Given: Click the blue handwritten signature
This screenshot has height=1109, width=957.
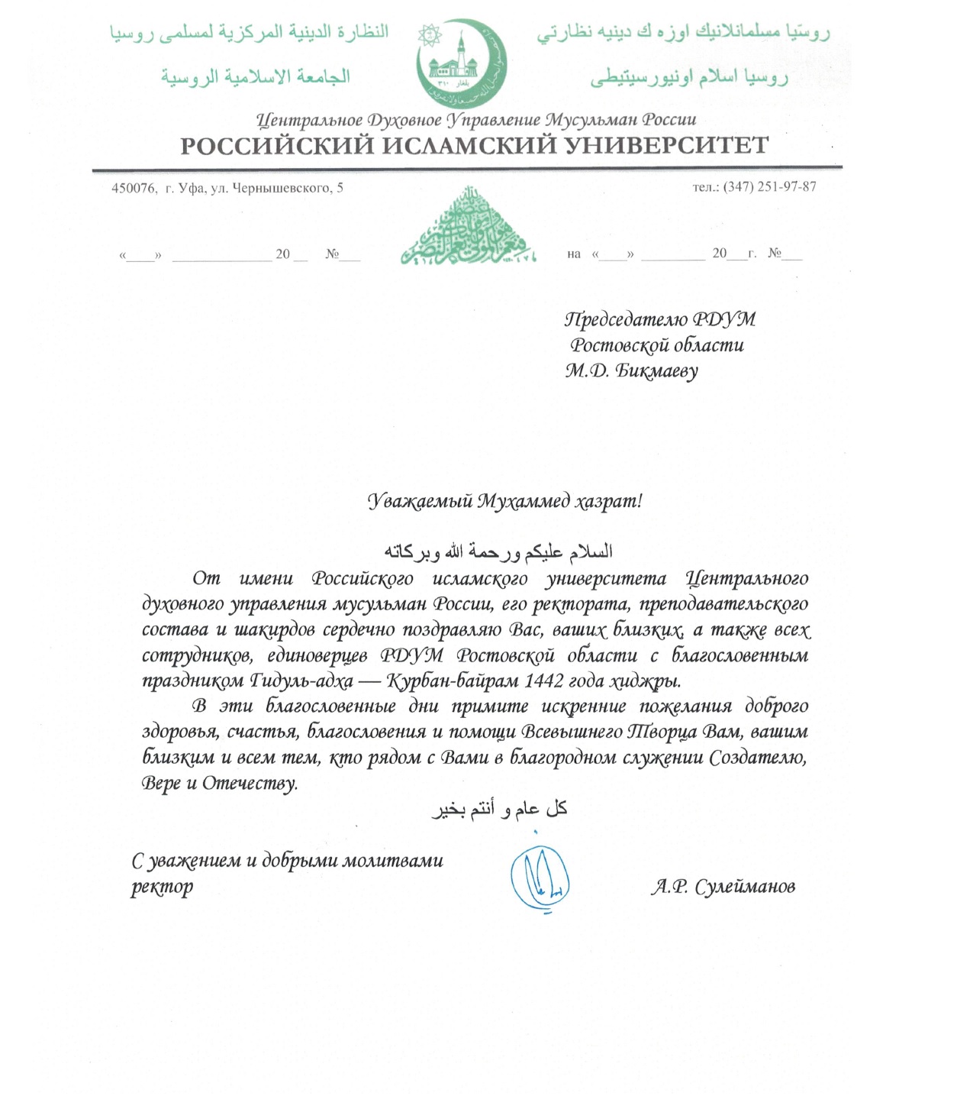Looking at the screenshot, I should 540,879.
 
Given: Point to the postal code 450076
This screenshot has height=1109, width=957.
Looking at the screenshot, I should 134,188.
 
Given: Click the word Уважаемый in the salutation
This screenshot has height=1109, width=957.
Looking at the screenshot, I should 419,501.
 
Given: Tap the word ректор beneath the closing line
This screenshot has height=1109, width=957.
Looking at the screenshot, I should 162,887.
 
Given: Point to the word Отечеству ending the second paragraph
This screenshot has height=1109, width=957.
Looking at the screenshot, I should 250,783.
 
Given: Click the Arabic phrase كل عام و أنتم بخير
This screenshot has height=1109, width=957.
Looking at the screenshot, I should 499,809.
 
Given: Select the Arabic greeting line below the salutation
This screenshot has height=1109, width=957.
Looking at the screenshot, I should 498,551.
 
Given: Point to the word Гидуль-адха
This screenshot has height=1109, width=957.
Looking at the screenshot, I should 301,681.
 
